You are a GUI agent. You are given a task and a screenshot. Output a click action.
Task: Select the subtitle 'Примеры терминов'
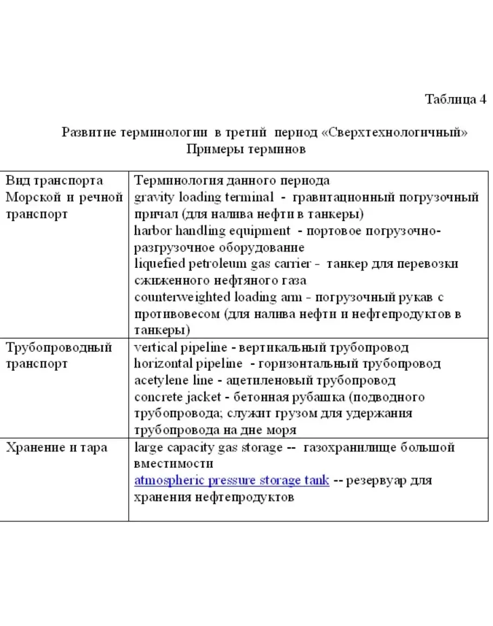pos(246,149)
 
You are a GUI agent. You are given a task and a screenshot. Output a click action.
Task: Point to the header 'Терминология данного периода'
pos(232,180)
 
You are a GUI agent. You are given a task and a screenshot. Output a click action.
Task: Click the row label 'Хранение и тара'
pos(56,448)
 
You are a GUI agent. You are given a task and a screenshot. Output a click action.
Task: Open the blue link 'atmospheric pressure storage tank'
pos(231,481)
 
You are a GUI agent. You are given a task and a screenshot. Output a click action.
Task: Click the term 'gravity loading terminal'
pos(204,197)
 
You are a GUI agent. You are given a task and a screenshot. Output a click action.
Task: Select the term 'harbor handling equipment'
pos(212,231)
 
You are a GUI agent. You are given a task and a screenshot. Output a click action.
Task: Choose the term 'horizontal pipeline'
pos(188,364)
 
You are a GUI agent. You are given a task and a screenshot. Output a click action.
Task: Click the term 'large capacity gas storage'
pos(208,448)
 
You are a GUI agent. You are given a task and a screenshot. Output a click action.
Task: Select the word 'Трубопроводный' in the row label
pos(59,347)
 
